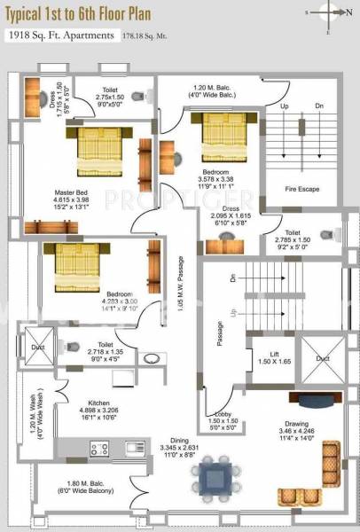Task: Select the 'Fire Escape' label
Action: coord(302,189)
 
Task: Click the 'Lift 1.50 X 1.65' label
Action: coord(267,358)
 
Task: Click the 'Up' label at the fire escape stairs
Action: coord(286,107)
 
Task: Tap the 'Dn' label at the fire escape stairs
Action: coord(321,107)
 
